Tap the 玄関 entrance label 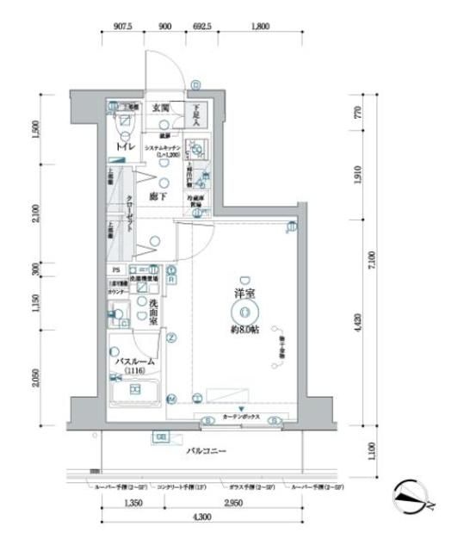point(161,108)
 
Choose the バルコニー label point(205,450)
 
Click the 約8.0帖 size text point(245,330)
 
